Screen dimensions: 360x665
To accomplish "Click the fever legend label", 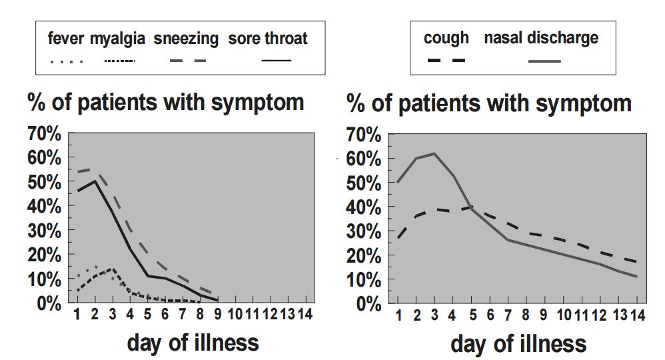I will pos(66,39).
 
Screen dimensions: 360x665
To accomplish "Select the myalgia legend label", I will pos(117,39).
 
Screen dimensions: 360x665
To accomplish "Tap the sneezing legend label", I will pos(186,39).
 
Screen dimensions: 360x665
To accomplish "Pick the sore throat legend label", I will pos(268,39).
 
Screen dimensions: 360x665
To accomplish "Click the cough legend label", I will pos(446,38).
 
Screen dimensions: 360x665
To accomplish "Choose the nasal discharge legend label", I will pos(541,38).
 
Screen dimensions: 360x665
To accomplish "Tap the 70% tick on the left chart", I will pos(45,134).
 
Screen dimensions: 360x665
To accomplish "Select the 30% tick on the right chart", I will pos(364,231).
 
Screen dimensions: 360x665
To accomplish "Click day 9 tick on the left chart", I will pos(218,313).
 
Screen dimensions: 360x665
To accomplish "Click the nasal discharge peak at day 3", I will pos(434,153).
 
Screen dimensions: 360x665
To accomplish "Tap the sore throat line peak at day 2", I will pos(96,181).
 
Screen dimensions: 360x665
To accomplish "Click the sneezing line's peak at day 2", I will pos(96,169).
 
